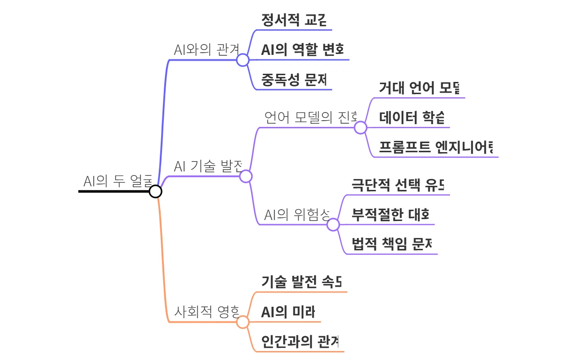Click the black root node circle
tap(155, 191)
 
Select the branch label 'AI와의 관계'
tap(206, 49)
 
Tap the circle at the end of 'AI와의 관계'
tap(243, 60)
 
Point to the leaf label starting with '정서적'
tap(293, 20)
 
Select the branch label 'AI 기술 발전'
tap(208, 166)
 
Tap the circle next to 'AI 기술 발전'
tap(246, 176)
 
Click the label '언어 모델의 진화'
tap(310, 117)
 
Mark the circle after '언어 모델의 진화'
tap(360, 128)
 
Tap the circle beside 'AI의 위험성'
tap(333, 225)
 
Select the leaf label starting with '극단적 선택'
tap(398, 185)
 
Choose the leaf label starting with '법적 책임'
tap(392, 244)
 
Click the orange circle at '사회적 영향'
tap(243, 322)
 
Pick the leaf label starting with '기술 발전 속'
tap(301, 282)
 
